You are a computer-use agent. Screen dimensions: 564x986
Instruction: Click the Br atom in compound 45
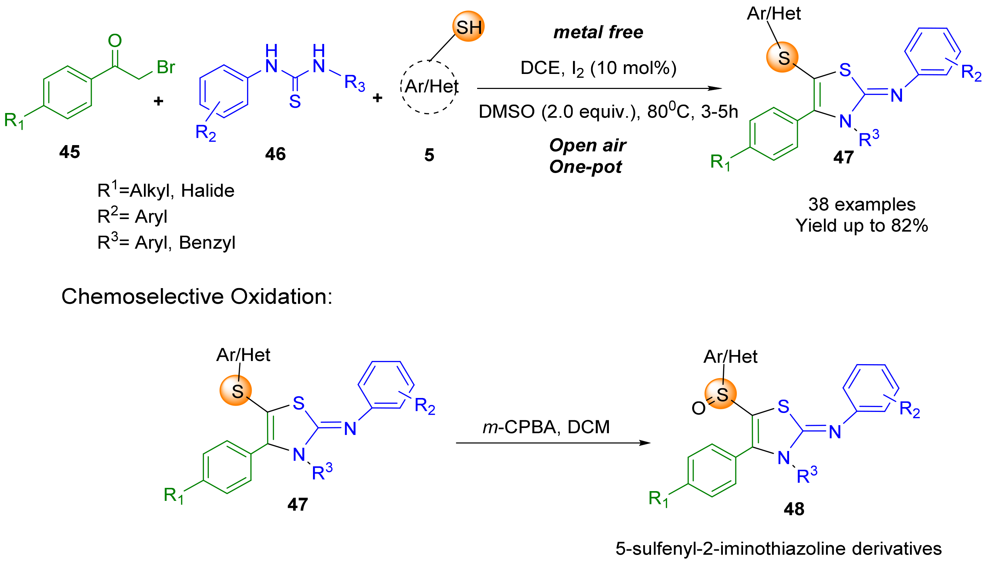(x=166, y=67)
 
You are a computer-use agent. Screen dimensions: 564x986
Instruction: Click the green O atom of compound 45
(x=115, y=41)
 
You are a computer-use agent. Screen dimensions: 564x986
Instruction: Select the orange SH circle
(x=468, y=27)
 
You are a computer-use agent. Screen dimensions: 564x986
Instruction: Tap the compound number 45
(x=70, y=152)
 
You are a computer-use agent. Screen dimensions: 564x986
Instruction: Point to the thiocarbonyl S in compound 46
(x=295, y=101)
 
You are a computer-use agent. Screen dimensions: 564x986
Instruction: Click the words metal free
(x=598, y=32)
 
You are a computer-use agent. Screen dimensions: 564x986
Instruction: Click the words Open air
(x=587, y=145)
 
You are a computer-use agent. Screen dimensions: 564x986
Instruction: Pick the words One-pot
(x=585, y=167)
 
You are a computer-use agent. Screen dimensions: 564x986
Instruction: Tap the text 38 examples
(x=862, y=204)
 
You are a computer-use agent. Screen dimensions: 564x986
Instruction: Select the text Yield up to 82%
(x=862, y=225)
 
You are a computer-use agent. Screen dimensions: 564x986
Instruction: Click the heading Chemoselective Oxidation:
(x=197, y=297)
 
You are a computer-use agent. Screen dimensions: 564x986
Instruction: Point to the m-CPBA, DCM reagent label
(x=546, y=427)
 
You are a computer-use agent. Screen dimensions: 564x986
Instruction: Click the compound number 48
(x=794, y=509)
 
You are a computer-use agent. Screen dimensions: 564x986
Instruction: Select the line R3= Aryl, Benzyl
(x=166, y=242)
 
